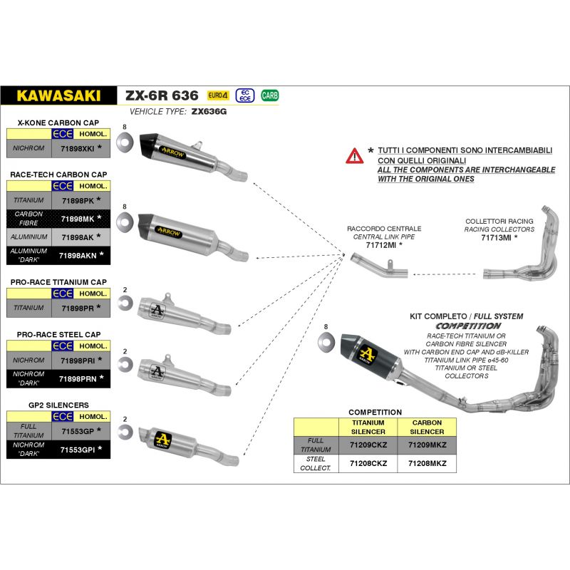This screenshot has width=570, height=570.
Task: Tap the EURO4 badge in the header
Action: click(218, 95)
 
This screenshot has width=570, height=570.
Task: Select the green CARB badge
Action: click(270, 95)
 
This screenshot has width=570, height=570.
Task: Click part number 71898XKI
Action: click(78, 149)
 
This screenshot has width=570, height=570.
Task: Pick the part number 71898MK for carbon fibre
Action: click(78, 218)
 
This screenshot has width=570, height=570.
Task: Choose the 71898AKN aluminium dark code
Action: click(78, 254)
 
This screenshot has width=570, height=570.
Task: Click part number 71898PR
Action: click(78, 307)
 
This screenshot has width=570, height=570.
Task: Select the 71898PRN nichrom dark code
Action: click(78, 378)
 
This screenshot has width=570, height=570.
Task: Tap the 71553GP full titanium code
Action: click(78, 430)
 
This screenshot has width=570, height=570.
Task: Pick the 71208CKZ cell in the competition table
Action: click(368, 462)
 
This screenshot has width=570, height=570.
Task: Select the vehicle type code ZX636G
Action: click(209, 113)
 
